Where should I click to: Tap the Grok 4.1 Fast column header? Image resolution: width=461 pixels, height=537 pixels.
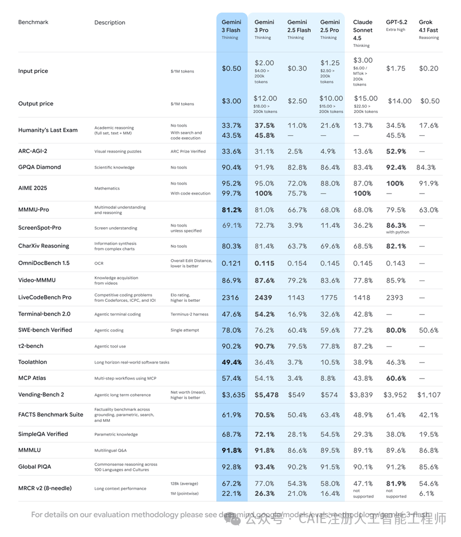coord(428,26)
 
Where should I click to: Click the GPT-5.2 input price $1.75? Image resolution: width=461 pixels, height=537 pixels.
coord(395,68)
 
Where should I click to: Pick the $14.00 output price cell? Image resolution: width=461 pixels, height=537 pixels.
coord(399,101)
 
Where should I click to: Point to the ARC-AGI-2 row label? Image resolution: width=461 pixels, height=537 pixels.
coord(33,151)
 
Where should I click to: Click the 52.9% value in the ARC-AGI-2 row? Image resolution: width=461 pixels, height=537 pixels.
coord(395,151)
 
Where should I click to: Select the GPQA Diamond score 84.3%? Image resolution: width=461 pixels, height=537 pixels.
coord(428,167)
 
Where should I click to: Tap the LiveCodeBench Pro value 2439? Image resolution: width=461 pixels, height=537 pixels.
coord(263,298)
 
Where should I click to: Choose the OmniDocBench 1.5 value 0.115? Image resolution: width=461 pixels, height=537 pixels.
coord(264,263)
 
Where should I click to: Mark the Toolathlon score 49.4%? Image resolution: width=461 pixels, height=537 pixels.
coord(231,362)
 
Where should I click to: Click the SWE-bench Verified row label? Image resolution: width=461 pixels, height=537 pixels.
coord(45,330)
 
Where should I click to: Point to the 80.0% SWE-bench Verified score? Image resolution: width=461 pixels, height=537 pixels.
coord(395,330)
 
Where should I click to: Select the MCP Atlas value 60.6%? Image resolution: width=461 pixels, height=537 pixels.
coord(395,378)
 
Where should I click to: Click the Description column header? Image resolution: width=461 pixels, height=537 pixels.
coord(110,22)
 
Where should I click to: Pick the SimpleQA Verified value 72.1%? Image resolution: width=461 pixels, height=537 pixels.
coord(264,434)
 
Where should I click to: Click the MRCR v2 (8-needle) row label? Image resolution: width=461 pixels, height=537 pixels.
coord(45,488)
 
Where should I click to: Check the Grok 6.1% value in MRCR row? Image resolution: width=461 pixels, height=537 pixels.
coord(426,493)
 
